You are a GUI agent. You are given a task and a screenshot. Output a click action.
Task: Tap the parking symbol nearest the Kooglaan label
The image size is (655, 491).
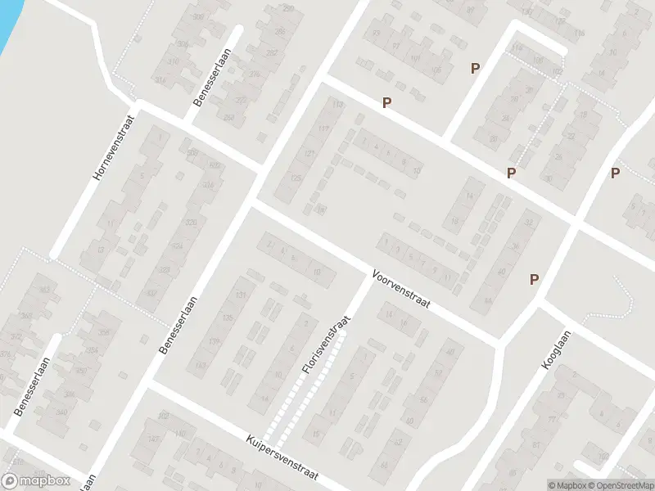click(x=534, y=279)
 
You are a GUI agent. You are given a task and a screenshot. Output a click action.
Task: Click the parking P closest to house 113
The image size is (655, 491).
click(x=386, y=103)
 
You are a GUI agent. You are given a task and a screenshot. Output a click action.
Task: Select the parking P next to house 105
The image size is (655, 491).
click(x=474, y=69)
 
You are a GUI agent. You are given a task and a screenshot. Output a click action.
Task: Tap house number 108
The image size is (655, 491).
click(x=538, y=61)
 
